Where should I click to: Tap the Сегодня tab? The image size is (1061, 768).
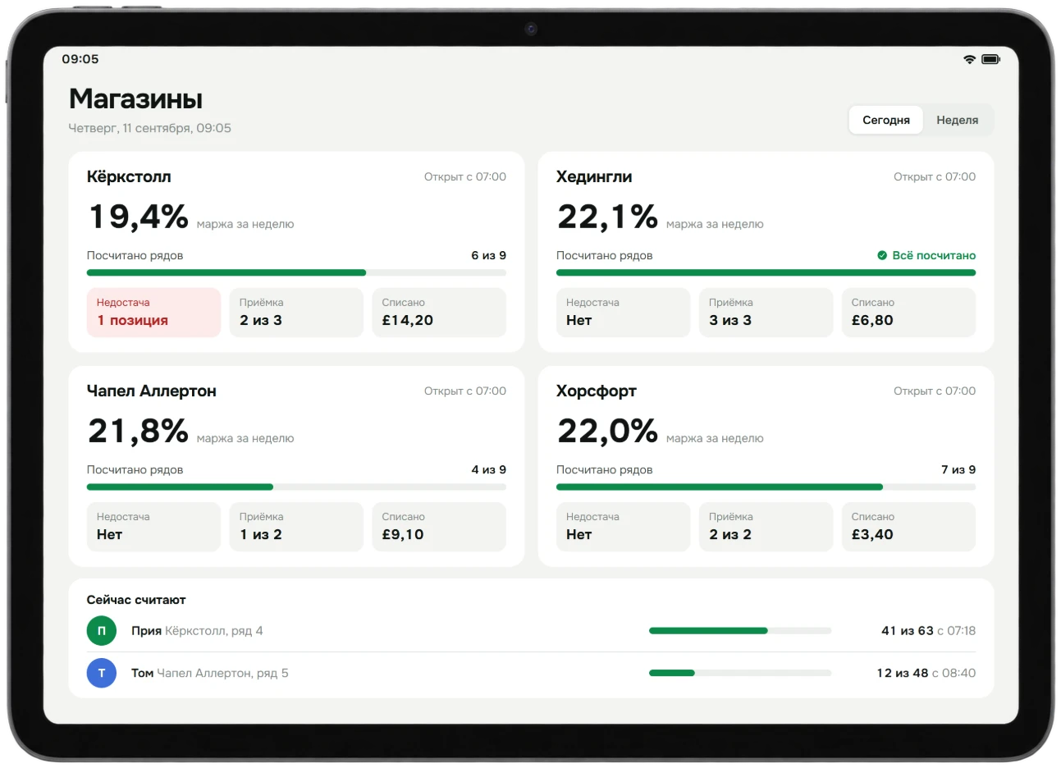click(885, 120)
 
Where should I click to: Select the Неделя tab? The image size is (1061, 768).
click(957, 120)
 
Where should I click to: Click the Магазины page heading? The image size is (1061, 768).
click(135, 98)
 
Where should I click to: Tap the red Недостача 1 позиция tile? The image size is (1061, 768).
click(153, 313)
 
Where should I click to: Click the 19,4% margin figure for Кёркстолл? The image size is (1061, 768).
click(139, 217)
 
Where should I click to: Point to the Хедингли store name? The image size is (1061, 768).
click(594, 176)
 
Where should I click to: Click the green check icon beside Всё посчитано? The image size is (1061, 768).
click(882, 255)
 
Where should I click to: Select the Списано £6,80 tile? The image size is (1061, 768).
click(908, 313)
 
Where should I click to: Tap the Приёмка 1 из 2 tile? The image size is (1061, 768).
click(296, 527)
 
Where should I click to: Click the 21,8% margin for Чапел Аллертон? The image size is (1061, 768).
click(139, 431)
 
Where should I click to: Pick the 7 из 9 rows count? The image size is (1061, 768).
click(958, 469)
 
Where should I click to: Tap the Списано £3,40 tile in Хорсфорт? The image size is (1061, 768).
click(908, 527)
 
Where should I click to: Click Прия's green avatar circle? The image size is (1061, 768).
click(102, 631)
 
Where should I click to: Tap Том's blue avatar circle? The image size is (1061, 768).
click(102, 673)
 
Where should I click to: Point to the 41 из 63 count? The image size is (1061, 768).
click(907, 631)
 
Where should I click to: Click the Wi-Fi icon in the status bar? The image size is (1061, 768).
click(970, 59)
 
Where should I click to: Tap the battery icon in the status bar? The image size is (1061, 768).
click(991, 59)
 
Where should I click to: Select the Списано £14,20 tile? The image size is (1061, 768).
click(439, 313)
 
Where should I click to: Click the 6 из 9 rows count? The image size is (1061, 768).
click(489, 255)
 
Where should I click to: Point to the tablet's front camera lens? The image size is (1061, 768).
click(530, 29)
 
